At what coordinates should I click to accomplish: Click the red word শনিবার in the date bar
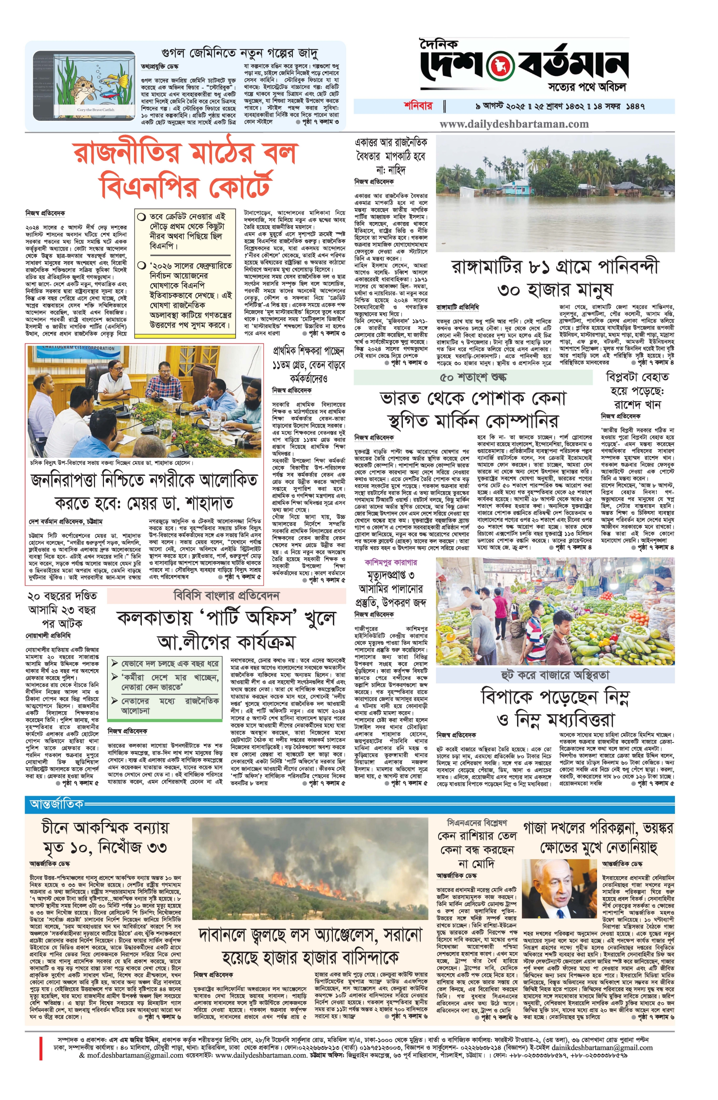tap(418, 106)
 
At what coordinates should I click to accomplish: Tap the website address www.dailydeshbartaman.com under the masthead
tap(514, 124)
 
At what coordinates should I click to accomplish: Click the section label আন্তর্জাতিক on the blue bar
tap(56, 804)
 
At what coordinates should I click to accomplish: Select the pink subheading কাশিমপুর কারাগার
tap(391, 563)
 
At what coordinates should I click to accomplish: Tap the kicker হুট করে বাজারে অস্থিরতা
tap(555, 675)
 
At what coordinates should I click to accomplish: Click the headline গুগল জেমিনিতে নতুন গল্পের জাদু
tap(240, 53)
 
